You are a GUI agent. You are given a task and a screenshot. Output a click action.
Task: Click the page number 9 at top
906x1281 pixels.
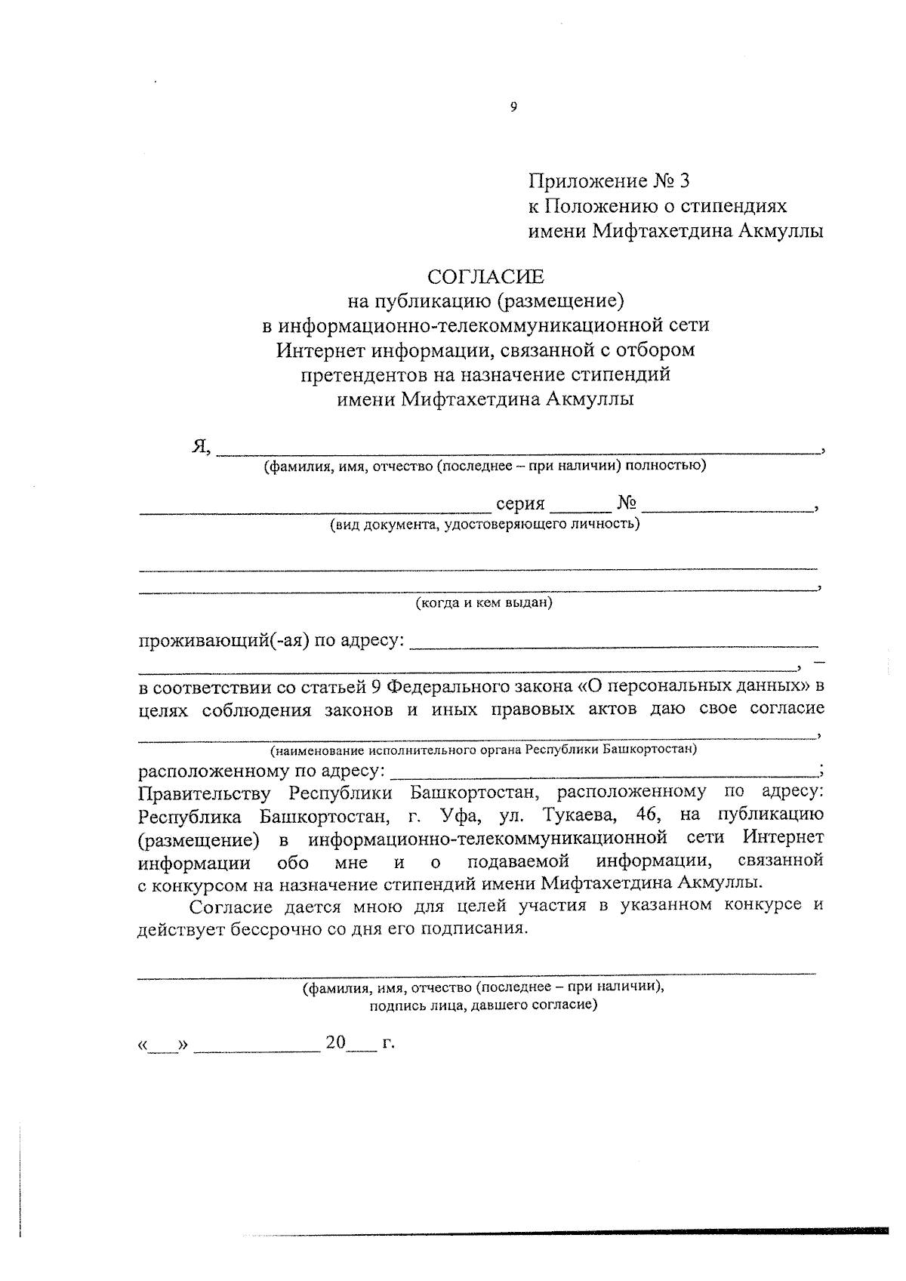[513, 106]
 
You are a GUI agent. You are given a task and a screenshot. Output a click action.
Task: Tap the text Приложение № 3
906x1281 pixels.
[609, 181]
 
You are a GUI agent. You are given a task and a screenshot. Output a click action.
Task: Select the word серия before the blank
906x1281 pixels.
[520, 503]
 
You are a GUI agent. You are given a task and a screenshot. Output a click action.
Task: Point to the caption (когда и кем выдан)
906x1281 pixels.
[484, 603]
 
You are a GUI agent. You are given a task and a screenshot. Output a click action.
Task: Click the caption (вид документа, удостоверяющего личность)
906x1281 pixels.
[484, 523]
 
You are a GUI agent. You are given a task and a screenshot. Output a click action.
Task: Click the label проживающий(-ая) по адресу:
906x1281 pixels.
[271, 641]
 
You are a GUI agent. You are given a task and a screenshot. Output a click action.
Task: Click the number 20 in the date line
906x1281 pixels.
[335, 1042]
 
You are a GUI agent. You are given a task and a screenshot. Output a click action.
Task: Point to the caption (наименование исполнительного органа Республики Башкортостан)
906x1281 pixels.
[484, 750]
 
